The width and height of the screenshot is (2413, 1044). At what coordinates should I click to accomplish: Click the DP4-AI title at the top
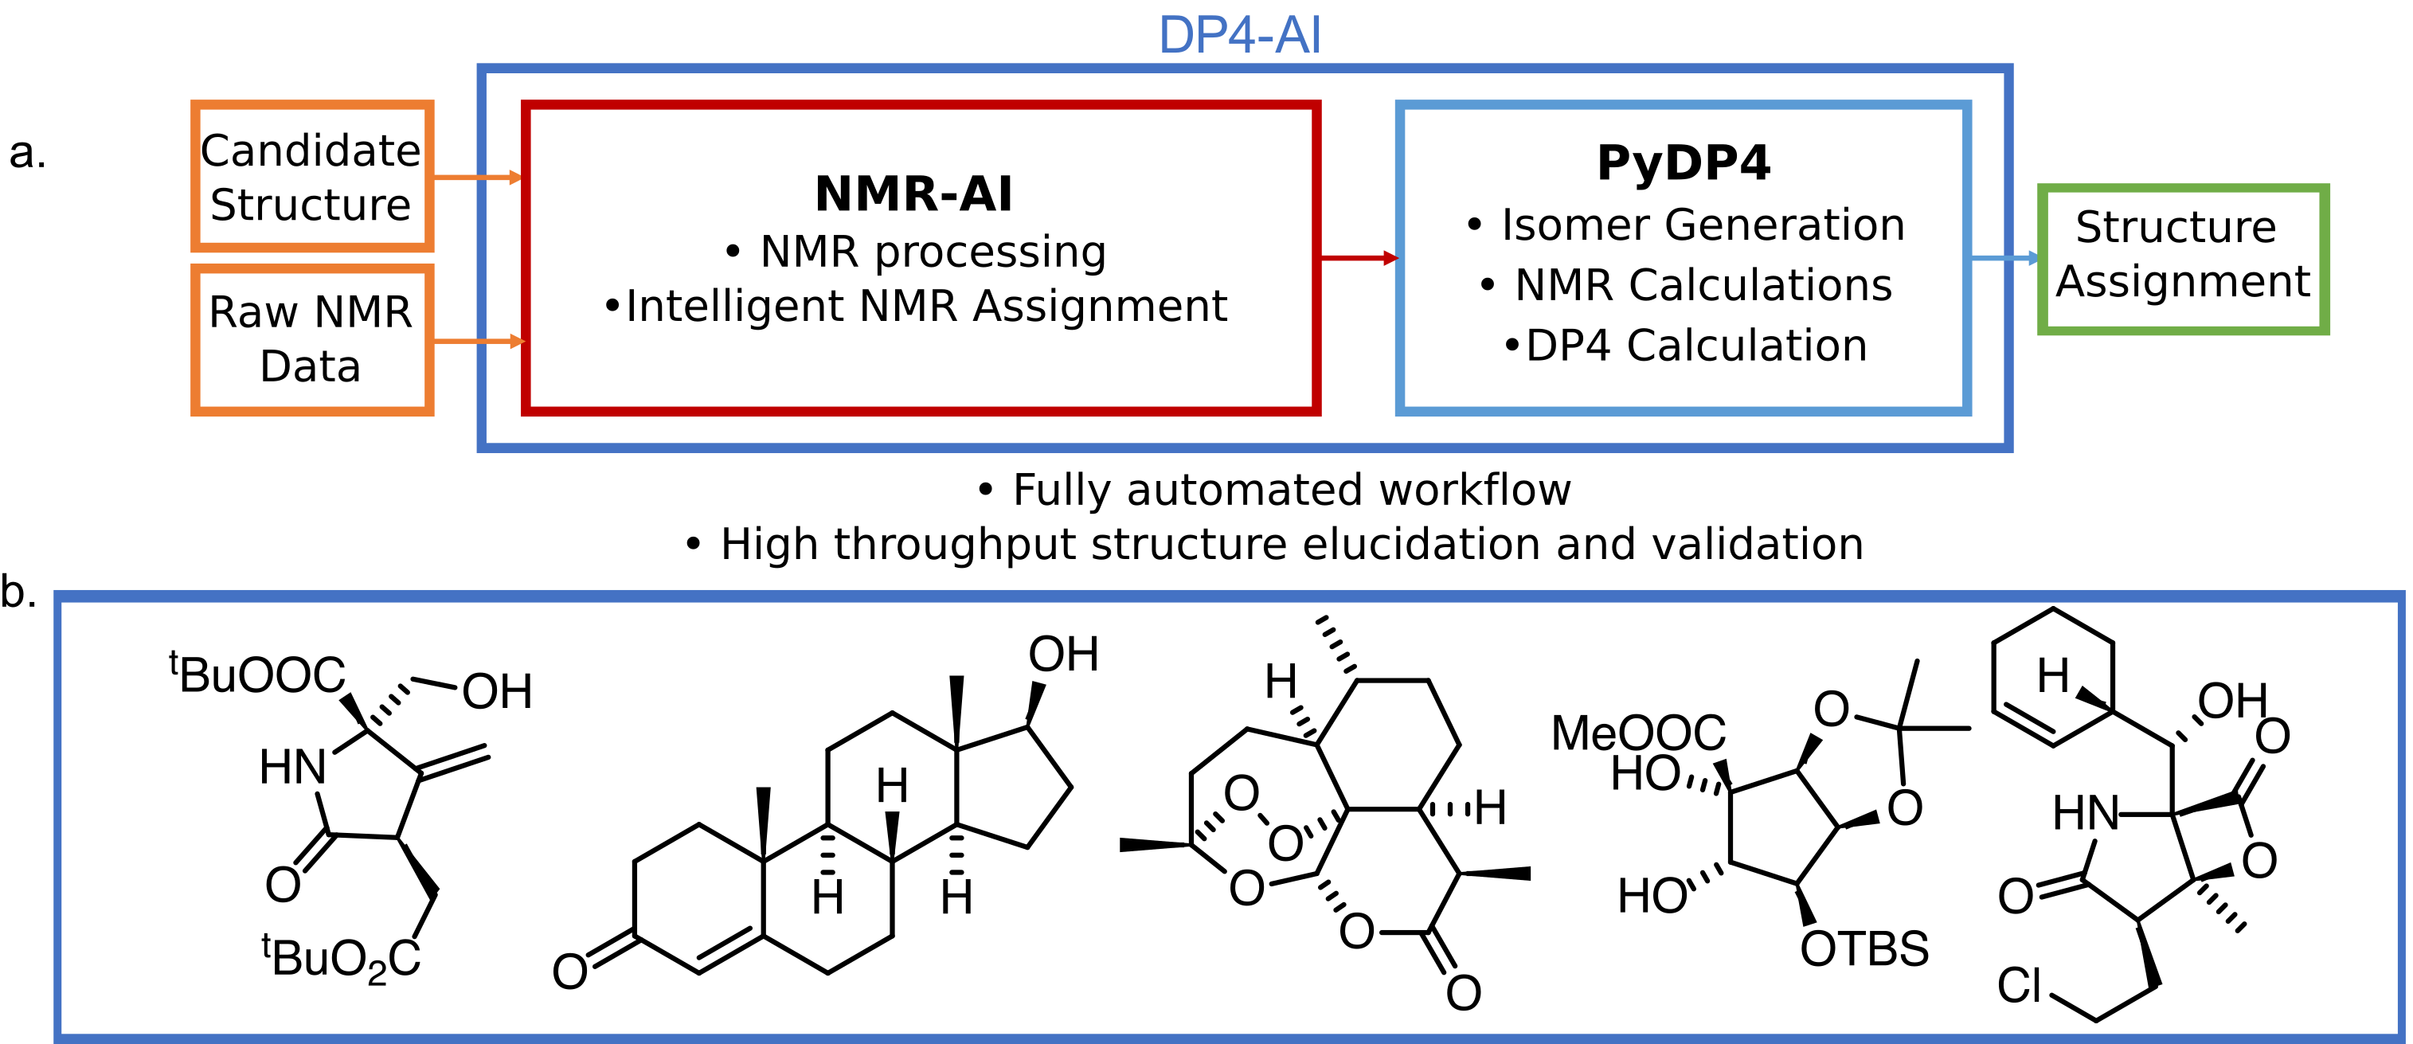1239,36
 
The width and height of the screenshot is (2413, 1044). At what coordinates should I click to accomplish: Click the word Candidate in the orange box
311,151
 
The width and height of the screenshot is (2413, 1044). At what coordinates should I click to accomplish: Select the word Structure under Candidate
311,205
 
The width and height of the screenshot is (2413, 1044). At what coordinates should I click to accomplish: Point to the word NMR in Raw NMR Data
363,313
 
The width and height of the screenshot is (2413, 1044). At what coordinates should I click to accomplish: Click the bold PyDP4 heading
1684,163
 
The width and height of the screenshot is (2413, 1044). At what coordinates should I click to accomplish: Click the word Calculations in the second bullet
1760,286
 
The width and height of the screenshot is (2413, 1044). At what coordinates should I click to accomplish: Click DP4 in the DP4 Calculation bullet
1568,346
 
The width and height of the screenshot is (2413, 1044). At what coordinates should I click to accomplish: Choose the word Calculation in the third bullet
1747,346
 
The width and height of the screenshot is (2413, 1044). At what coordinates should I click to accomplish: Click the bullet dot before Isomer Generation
1474,225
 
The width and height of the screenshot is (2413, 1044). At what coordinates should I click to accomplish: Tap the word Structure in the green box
2175,228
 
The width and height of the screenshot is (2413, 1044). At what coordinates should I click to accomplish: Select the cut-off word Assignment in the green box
2167,282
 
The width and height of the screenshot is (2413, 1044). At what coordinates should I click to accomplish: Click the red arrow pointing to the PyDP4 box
1359,257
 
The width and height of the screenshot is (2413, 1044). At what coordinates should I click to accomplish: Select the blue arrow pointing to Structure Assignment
2004,257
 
